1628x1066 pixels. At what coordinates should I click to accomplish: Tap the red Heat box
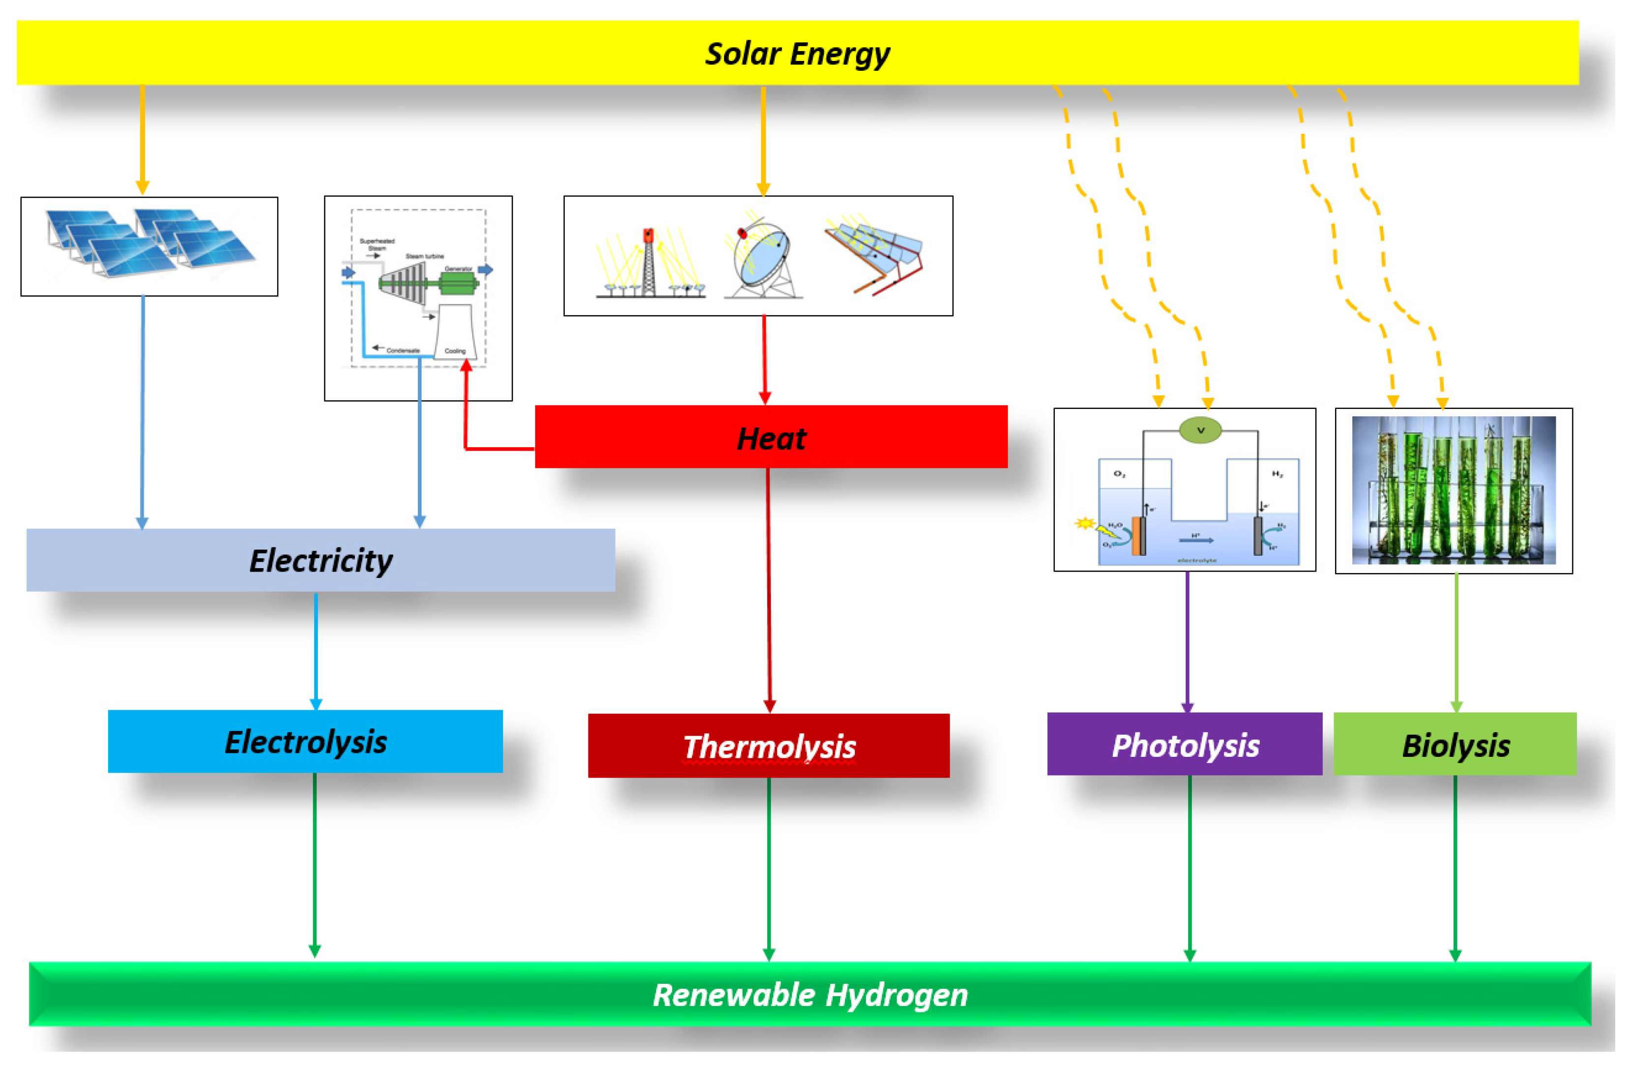(x=771, y=437)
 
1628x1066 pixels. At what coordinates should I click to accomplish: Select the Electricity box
(x=320, y=560)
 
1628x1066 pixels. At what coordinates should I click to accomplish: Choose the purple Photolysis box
(x=1184, y=745)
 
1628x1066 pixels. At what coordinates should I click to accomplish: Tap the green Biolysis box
(x=1455, y=745)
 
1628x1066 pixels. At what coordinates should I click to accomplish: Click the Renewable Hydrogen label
(x=810, y=995)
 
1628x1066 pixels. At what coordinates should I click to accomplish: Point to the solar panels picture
(x=149, y=245)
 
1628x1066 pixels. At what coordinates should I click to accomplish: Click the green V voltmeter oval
(x=1200, y=430)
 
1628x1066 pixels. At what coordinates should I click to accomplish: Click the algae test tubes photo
(x=1454, y=490)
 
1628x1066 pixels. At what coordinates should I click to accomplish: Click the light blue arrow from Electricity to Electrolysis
(x=316, y=650)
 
